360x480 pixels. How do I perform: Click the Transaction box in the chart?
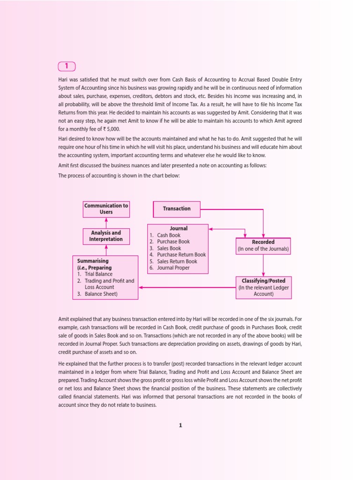pyautogui.click(x=177, y=209)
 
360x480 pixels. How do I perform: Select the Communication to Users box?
pyautogui.click(x=106, y=209)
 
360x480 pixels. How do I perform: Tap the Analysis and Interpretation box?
pyautogui.click(x=106, y=236)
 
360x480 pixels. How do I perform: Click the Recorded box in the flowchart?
pyautogui.click(x=263, y=246)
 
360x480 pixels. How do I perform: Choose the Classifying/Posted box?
pyautogui.click(x=263, y=287)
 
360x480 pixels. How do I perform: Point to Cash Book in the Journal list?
pyautogui.click(x=168, y=235)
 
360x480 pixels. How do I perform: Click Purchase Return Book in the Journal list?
pyautogui.click(x=181, y=255)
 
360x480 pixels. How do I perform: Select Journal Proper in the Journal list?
pyautogui.click(x=173, y=268)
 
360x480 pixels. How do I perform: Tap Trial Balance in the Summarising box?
pyautogui.click(x=98, y=274)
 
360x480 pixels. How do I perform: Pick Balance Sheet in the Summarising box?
pyautogui.click(x=101, y=294)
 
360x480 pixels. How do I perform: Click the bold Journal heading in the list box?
pyautogui.click(x=179, y=228)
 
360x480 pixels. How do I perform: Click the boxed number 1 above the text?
pyautogui.click(x=67, y=67)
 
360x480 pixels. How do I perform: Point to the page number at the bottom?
pyautogui.click(x=180, y=426)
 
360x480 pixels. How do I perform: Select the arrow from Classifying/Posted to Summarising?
pyautogui.click(x=187, y=287)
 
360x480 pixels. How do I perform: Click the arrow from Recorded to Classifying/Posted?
pyautogui.click(x=263, y=266)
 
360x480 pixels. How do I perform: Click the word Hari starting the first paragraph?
pyautogui.click(x=63, y=80)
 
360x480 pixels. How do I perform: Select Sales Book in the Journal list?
pyautogui.click(x=169, y=248)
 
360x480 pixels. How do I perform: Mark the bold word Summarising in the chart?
pyautogui.click(x=93, y=261)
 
